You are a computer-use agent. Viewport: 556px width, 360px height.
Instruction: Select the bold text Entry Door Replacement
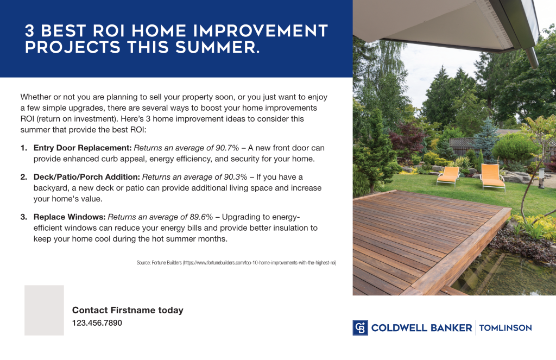[x=82, y=148]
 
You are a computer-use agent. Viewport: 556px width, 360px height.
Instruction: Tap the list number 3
[x=23, y=217]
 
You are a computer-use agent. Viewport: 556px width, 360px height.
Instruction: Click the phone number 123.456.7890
[x=97, y=323]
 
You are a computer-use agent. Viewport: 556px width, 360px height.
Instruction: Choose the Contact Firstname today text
[x=128, y=311]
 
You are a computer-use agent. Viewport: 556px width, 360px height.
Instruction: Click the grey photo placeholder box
[x=44, y=310]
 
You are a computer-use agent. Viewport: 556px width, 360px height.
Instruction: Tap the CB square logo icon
[x=360, y=327]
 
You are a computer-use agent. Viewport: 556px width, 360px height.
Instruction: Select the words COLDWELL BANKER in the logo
[x=421, y=328]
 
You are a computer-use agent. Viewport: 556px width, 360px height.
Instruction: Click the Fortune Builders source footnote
[x=236, y=263]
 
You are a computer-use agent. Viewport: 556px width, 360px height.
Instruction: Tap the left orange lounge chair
[x=448, y=175]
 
